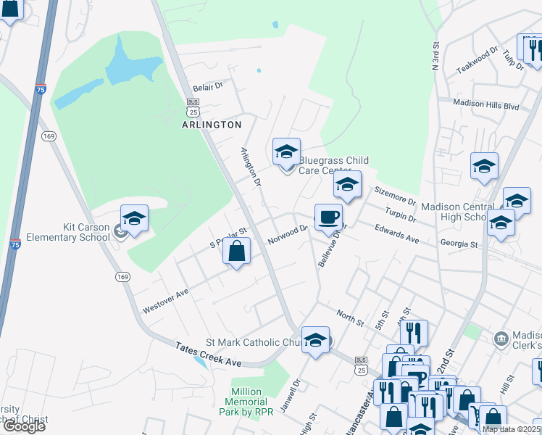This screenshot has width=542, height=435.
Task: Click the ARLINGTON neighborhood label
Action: pyautogui.click(x=212, y=125)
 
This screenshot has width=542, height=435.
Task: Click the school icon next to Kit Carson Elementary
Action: pyautogui.click(x=134, y=218)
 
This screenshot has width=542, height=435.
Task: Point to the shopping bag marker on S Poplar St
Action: pyautogui.click(x=236, y=253)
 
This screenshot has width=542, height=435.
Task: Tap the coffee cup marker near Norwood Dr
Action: pyautogui.click(x=328, y=217)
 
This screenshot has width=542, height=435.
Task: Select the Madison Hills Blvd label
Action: pyautogui.click(x=485, y=104)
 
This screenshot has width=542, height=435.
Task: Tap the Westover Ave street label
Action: pyautogui.click(x=165, y=298)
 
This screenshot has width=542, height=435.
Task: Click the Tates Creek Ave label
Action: pyautogui.click(x=207, y=355)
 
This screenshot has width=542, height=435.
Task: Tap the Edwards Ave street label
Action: pyautogui.click(x=397, y=233)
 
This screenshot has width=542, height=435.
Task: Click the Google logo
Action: pyautogui.click(x=23, y=426)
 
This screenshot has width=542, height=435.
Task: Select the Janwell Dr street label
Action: pyautogui.click(x=296, y=394)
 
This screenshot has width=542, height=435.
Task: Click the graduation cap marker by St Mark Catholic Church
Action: pyautogui.click(x=315, y=339)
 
